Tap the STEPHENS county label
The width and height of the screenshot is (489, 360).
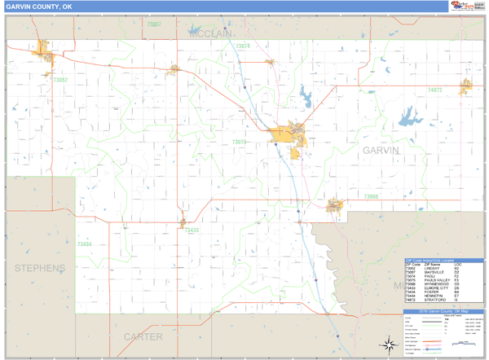pyautogui.click(x=39, y=268)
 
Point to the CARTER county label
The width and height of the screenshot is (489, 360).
pyautogui.click(x=143, y=336)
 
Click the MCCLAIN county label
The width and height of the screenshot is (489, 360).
pyautogui.click(x=211, y=35)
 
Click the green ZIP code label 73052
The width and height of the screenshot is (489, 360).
pyautogui.click(x=59, y=80)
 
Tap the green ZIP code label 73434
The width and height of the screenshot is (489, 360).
pyautogui.click(x=83, y=244)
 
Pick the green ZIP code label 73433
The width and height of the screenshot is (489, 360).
pyautogui.click(x=192, y=230)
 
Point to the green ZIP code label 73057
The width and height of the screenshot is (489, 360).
pyautogui.click(x=153, y=24)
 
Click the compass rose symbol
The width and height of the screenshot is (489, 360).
pyautogui.click(x=390, y=344)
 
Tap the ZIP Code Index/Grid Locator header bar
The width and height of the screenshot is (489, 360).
pyautogui.click(x=443, y=260)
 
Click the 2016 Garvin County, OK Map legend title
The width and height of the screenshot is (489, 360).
pyautogui.click(x=443, y=312)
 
